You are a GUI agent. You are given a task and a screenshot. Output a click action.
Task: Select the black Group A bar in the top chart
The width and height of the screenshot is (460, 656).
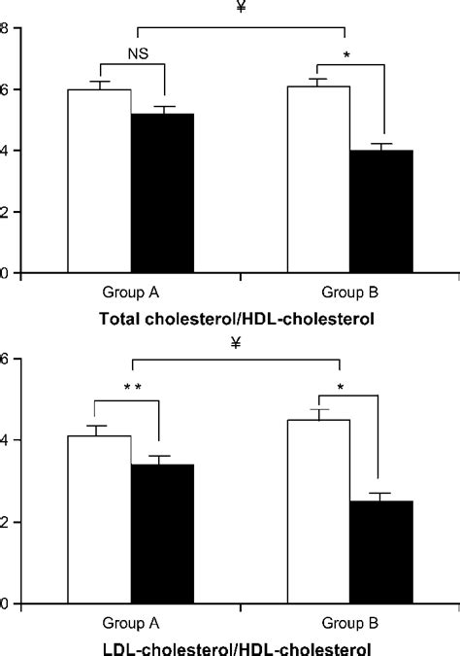163,193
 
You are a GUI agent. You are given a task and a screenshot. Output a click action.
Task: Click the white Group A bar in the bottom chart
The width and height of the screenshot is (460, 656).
99,519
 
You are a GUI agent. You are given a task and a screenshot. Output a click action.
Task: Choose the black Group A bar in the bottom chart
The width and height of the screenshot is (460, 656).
163,534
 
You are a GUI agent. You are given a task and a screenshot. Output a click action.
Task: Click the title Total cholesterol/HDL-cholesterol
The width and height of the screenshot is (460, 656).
229,317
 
